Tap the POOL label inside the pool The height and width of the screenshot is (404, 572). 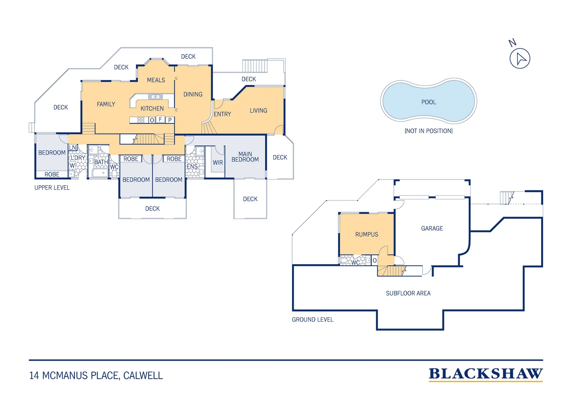[x=429, y=102]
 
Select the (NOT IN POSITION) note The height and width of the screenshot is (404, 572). [x=429, y=131]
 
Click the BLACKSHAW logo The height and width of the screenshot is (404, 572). [x=486, y=374]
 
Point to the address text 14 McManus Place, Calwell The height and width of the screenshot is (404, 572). [x=96, y=376]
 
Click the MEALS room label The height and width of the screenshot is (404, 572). [x=156, y=80]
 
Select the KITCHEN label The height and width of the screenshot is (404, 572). [x=152, y=108]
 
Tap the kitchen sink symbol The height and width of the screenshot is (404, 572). [x=155, y=97]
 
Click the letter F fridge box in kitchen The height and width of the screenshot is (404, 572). [x=160, y=119]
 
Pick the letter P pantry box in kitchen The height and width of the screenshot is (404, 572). [x=170, y=120]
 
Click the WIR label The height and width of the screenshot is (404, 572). [x=218, y=163]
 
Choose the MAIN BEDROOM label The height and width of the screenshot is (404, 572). [x=245, y=157]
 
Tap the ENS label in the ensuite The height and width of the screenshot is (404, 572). [x=192, y=167]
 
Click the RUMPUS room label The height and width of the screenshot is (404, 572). [x=366, y=234]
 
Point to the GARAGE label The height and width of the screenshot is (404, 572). [x=432, y=229]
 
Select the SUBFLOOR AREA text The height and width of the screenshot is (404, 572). [x=408, y=293]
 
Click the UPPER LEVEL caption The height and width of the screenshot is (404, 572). [x=52, y=187]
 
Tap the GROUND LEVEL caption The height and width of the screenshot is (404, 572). [x=313, y=319]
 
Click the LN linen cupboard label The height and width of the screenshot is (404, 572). [x=73, y=147]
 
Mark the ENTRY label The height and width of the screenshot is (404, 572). [x=222, y=114]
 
